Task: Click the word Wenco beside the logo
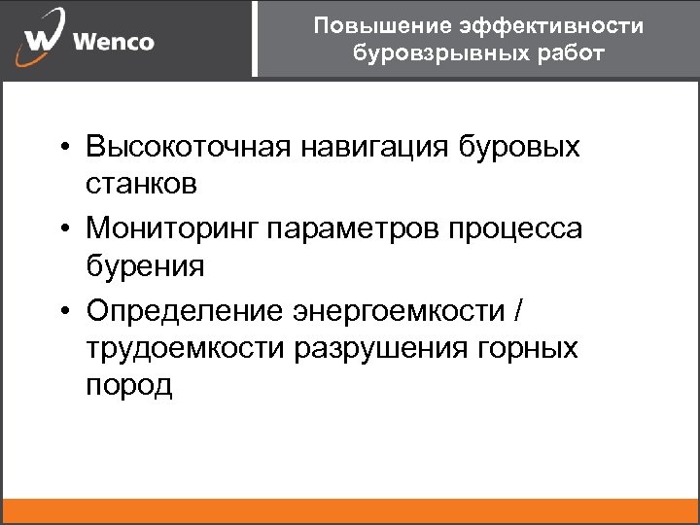[113, 43]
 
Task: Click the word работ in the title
[565, 52]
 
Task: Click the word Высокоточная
[189, 148]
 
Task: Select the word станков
[142, 182]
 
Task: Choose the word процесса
[525, 229]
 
